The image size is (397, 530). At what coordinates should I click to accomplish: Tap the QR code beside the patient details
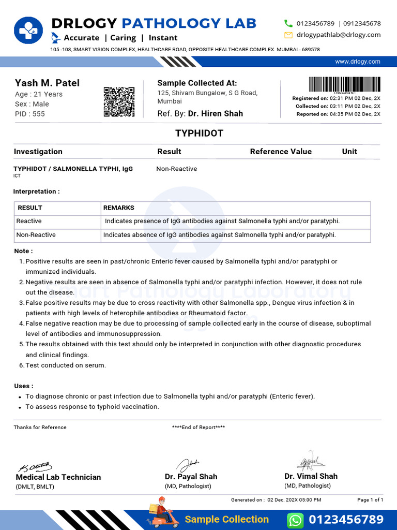119,101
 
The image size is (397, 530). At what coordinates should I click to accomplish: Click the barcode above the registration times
345,84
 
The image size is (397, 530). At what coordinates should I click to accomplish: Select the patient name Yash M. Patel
47,83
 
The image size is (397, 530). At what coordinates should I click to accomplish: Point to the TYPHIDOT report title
199,133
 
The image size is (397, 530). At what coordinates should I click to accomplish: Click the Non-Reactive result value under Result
176,169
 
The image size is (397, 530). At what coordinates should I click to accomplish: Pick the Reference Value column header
281,152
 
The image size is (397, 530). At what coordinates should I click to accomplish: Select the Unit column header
349,152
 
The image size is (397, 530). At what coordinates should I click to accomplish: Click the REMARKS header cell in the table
119,208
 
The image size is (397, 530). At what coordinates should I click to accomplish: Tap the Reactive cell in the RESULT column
29,221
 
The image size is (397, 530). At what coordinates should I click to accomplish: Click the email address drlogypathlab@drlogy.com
339,35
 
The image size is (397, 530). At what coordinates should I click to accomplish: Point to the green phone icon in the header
288,23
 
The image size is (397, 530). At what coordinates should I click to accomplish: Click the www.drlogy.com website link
357,62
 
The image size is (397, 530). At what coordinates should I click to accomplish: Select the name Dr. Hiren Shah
216,113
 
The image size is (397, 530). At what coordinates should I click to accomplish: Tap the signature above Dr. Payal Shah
187,464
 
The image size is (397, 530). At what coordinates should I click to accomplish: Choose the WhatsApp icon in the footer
295,520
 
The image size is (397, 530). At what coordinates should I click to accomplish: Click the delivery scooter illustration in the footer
162,512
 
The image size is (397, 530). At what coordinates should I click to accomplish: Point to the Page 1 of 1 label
370,500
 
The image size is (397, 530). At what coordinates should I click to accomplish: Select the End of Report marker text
198,427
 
